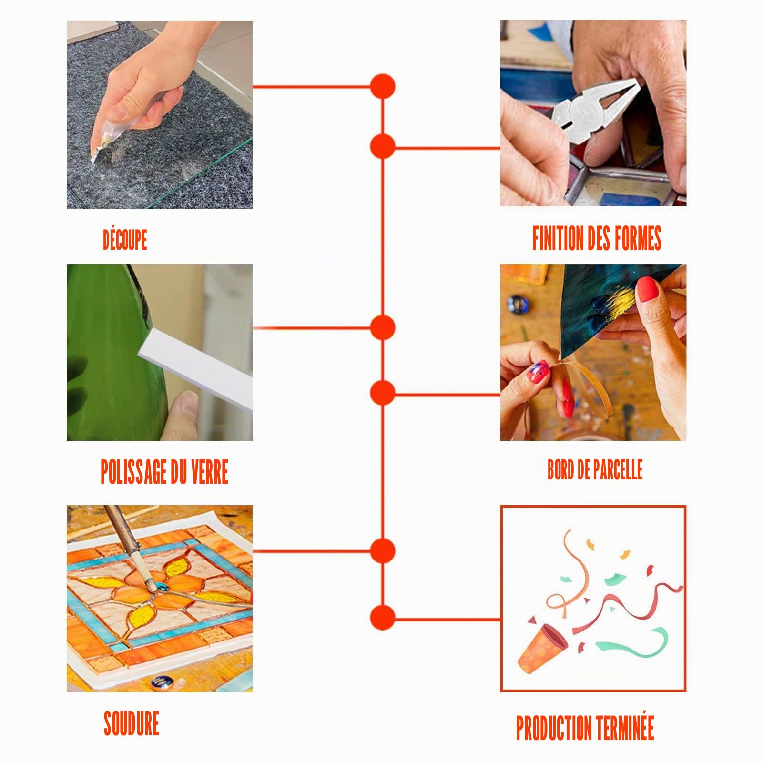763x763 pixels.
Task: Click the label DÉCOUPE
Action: click(x=125, y=240)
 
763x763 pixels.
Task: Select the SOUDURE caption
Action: click(x=132, y=723)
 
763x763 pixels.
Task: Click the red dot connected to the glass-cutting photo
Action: click(x=383, y=87)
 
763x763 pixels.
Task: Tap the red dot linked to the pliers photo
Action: click(x=383, y=146)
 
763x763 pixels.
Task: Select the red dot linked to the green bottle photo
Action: click(x=383, y=328)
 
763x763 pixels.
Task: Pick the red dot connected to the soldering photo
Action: click(x=383, y=551)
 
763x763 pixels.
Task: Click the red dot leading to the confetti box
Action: click(x=383, y=618)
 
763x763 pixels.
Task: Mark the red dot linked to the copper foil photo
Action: click(x=383, y=393)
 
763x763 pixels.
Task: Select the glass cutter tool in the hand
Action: click(x=107, y=138)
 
